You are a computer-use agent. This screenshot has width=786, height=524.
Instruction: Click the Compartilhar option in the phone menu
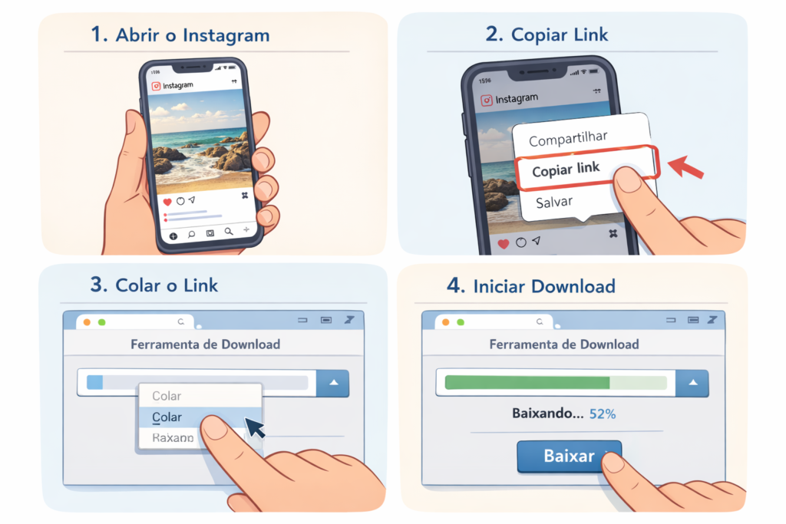click(x=568, y=139)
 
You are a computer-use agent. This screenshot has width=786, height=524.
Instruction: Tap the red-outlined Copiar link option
click(x=566, y=169)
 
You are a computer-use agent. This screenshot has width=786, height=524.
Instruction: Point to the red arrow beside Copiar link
click(x=687, y=166)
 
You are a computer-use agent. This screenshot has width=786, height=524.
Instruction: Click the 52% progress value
click(x=603, y=414)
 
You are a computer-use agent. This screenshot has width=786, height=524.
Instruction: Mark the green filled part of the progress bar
click(x=527, y=382)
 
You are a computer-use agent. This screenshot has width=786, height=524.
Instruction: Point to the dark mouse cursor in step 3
click(x=253, y=427)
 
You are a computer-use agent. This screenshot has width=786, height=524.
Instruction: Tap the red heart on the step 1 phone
click(x=167, y=202)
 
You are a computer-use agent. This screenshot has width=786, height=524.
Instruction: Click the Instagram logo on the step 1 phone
click(x=156, y=87)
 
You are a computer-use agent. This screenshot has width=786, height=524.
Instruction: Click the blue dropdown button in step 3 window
click(x=332, y=383)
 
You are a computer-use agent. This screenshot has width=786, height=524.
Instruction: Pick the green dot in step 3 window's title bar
click(x=102, y=322)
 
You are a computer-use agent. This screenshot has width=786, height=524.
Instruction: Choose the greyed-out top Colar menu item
click(x=167, y=396)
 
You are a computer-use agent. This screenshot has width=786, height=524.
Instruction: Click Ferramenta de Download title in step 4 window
click(x=563, y=344)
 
